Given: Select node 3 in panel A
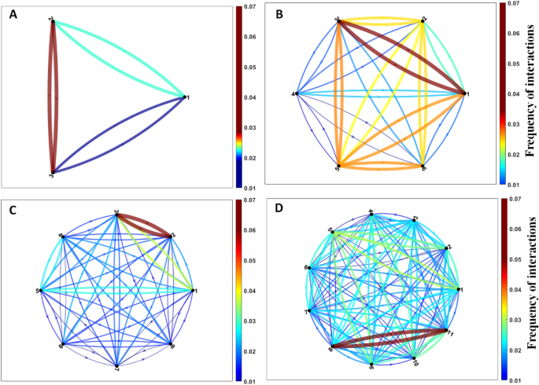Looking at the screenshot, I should (x=52, y=172).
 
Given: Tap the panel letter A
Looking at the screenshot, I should (x=13, y=13).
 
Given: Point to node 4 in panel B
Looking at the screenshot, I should (x=296, y=94).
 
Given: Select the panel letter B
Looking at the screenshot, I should (x=280, y=13).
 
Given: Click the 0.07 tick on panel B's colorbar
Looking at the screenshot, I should (x=510, y=5).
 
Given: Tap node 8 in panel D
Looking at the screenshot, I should (x=331, y=346).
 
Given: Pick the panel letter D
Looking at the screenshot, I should (x=280, y=211).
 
